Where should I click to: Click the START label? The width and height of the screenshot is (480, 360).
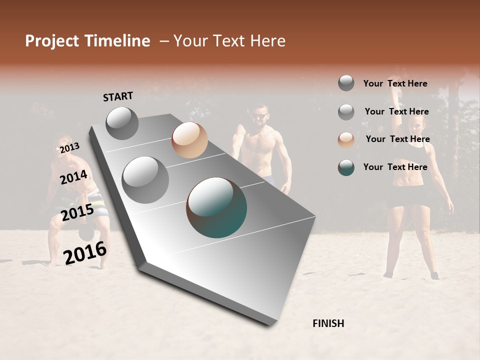118,96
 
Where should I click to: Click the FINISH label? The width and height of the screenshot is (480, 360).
328,323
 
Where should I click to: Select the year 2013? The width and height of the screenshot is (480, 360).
69,148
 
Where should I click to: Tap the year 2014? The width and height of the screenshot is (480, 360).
73,177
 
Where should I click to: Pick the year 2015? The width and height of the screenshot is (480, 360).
77,212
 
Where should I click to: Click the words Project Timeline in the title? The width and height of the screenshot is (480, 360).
87,41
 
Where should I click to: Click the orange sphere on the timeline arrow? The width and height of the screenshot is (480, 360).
189,140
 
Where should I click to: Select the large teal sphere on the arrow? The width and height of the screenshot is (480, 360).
216,207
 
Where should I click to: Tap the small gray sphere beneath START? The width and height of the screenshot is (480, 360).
122,123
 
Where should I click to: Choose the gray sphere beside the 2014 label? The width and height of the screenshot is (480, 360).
145,180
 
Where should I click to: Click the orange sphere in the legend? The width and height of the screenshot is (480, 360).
346,140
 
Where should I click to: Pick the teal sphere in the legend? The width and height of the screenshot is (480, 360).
346,167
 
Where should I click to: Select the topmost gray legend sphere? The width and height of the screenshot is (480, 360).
346,83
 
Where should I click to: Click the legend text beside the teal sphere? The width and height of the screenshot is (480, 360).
395,167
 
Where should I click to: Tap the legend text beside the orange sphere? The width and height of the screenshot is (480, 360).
397,139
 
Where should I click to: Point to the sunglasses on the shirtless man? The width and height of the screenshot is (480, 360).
259,116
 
